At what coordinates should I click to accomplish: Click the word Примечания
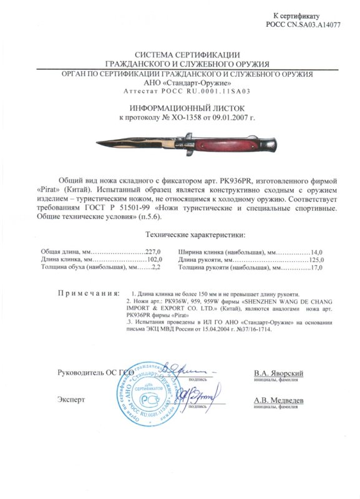88,293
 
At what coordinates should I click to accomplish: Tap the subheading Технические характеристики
186,234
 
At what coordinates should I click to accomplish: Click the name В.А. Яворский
278,372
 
